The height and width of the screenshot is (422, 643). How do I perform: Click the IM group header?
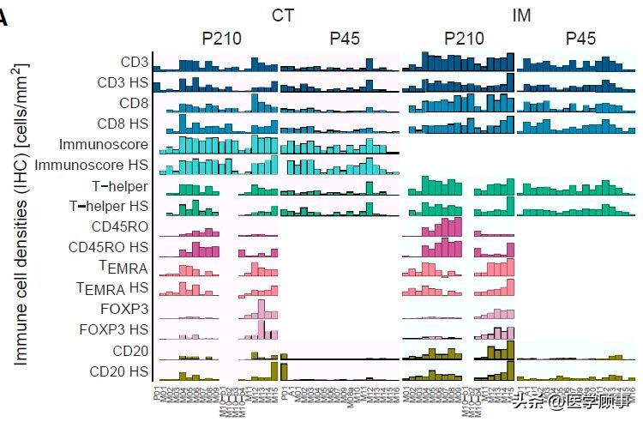tap(521, 15)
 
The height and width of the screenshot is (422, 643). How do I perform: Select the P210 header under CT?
tap(221, 39)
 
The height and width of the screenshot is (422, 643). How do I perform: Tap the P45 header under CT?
tap(344, 39)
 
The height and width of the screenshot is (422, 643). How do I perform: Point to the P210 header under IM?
tap(464, 39)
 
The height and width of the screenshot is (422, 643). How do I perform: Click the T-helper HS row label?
tap(108, 206)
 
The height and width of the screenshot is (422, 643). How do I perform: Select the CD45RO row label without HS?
tap(119, 226)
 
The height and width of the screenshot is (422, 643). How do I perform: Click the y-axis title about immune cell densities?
tap(21, 214)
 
